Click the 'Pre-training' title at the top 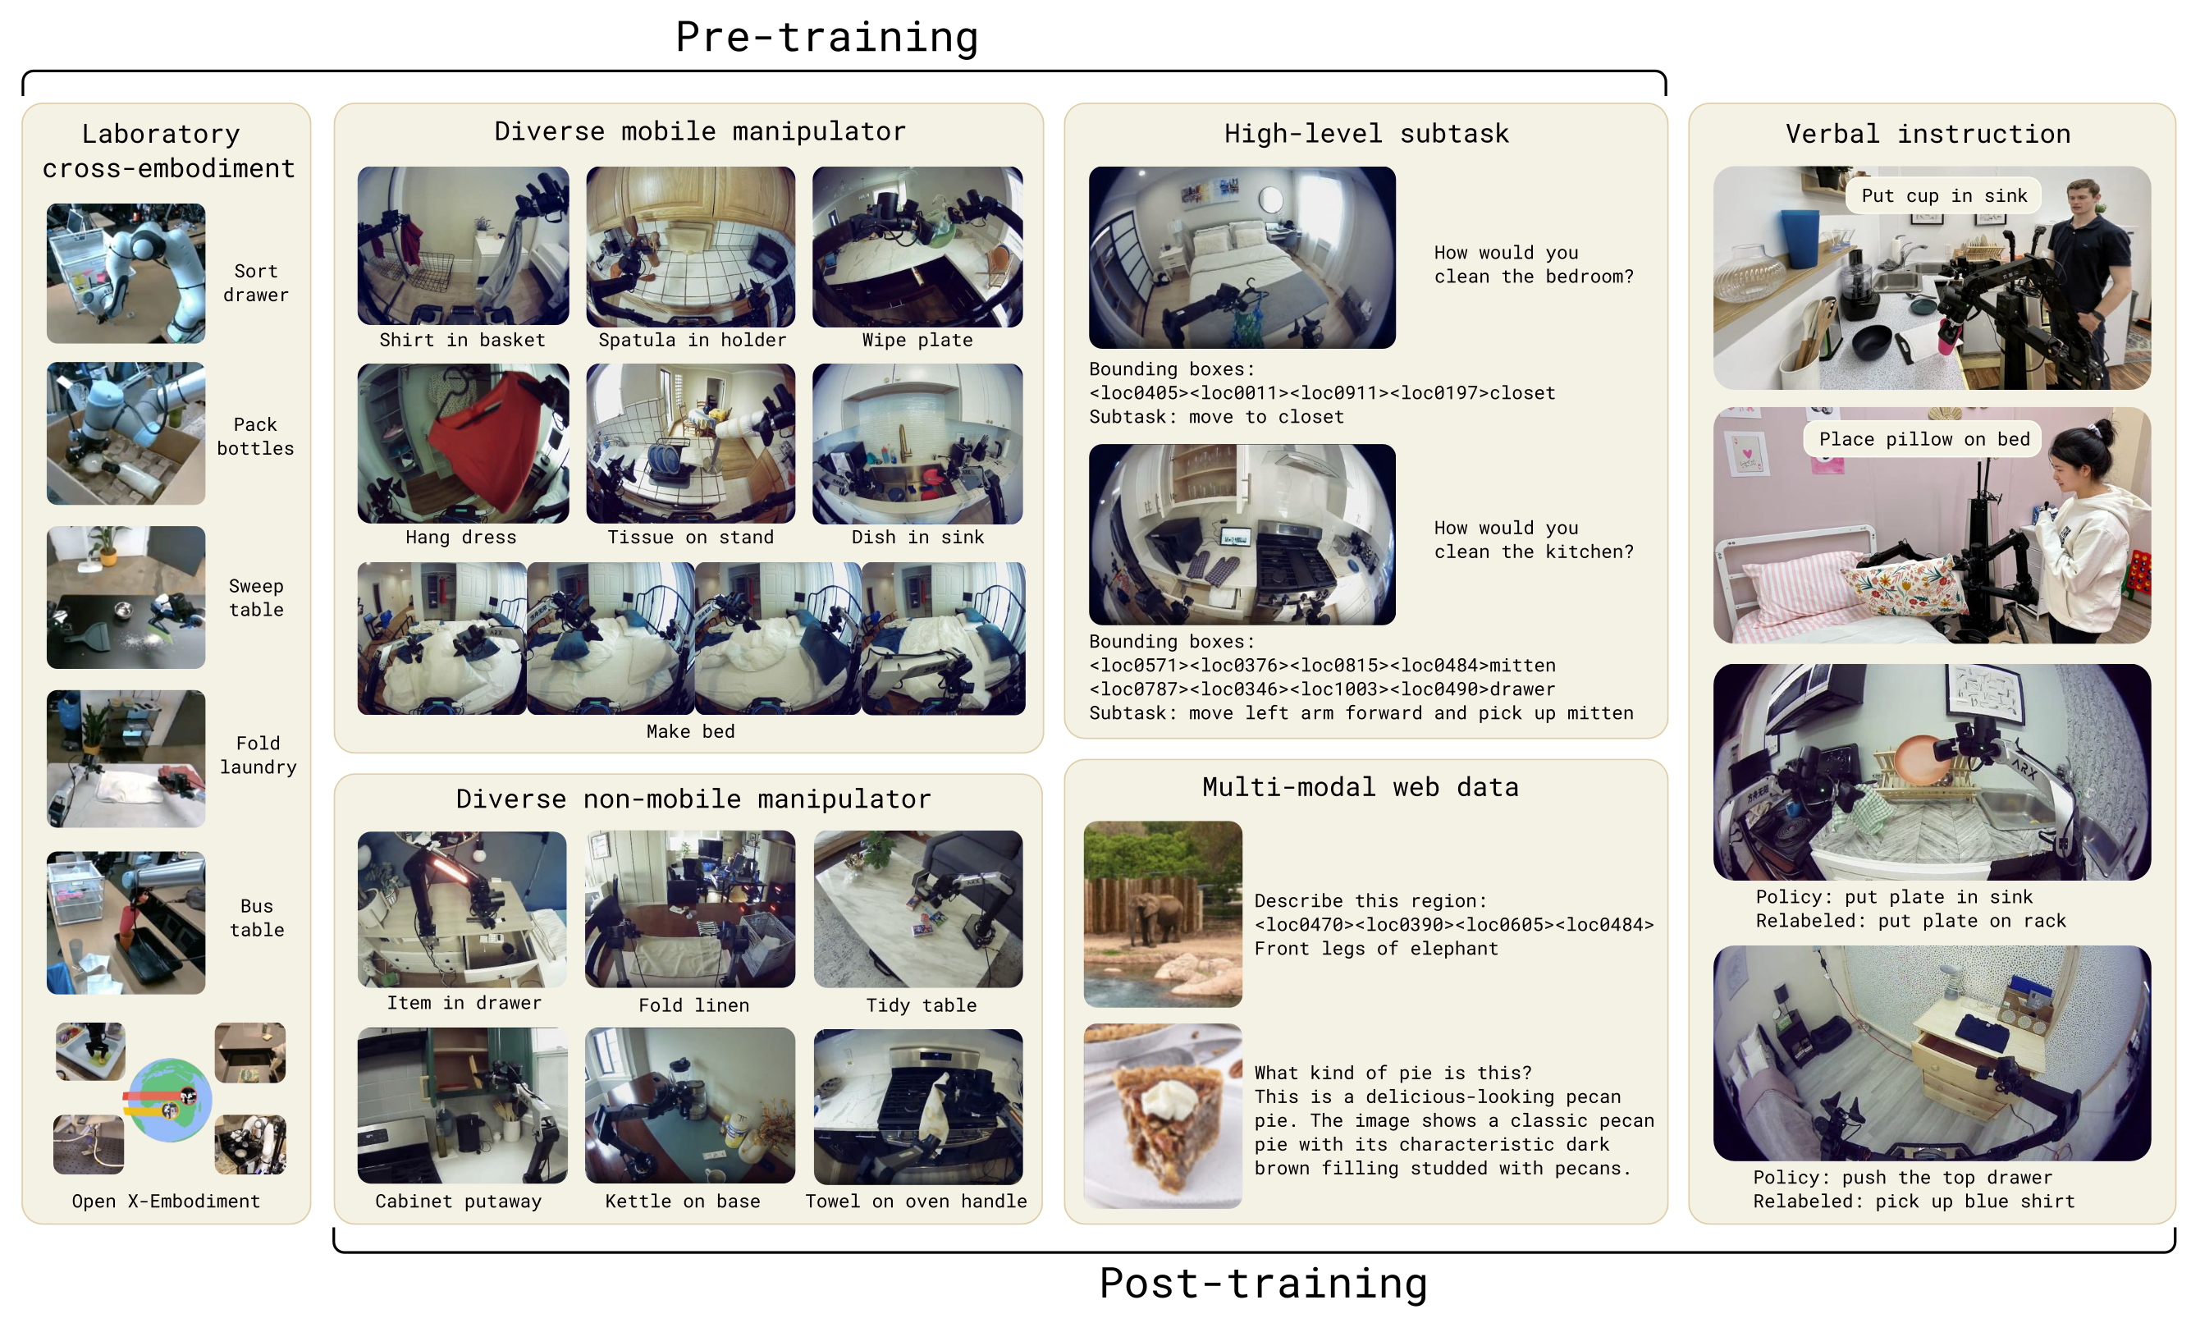(826, 38)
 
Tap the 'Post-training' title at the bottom (1263, 1283)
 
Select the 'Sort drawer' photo (126, 273)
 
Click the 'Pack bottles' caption (255, 437)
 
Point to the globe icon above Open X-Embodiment (169, 1100)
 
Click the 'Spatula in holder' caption (692, 340)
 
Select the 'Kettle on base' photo (690, 1106)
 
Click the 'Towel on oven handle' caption (916, 1202)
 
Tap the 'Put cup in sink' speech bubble (1944, 195)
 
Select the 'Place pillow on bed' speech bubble (1923, 439)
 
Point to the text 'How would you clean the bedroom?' (1534, 264)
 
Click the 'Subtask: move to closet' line (1216, 417)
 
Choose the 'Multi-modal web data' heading (1361, 787)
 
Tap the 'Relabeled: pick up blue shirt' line (1914, 1202)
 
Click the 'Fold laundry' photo (126, 758)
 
